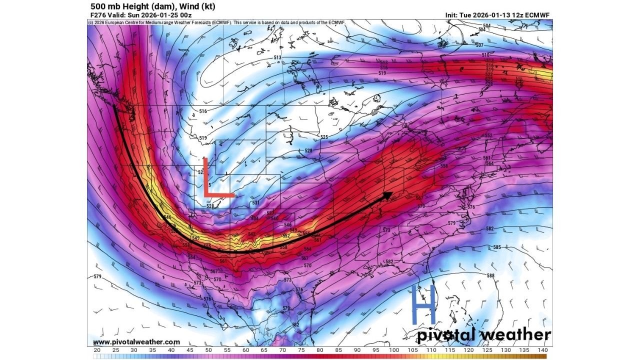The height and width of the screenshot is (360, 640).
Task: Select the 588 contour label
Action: tap(490, 275)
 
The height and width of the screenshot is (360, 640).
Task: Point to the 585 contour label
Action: tap(497, 247)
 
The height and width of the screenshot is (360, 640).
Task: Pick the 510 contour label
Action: tap(485, 54)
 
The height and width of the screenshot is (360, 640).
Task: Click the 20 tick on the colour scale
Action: tap(97, 350)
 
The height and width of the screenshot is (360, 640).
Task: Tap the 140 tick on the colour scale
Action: tap(542, 350)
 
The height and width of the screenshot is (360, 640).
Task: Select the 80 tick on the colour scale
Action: tap(320, 350)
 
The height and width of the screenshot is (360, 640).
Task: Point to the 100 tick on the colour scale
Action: tap(394, 350)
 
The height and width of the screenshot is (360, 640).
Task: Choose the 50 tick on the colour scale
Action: tap(208, 350)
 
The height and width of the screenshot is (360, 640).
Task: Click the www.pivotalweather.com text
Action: tap(136, 342)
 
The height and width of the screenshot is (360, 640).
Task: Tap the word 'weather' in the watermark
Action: tap(516, 335)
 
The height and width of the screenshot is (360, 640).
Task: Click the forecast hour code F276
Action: tap(97, 15)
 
